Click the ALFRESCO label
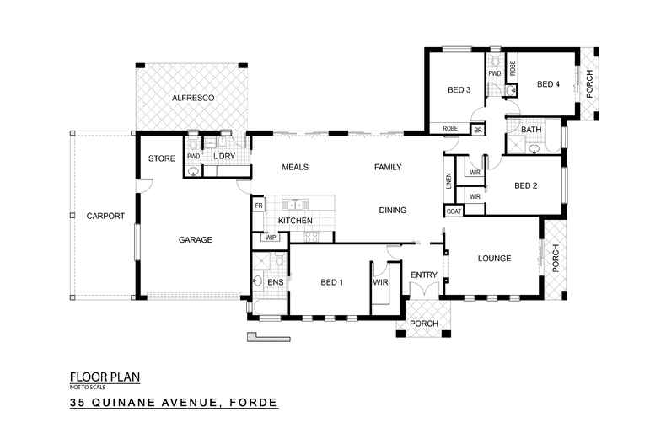(192, 99)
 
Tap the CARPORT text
(105, 217)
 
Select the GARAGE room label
(195, 240)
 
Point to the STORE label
(161, 158)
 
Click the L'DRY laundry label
(223, 157)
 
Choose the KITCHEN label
(295, 221)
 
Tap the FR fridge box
(258, 205)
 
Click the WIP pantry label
(271, 238)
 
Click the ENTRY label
(423, 275)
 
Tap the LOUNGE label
(493, 259)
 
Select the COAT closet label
(454, 211)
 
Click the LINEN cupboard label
(448, 180)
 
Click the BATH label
(531, 131)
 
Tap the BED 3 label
(459, 90)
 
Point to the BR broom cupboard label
(477, 131)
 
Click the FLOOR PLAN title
(105, 378)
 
